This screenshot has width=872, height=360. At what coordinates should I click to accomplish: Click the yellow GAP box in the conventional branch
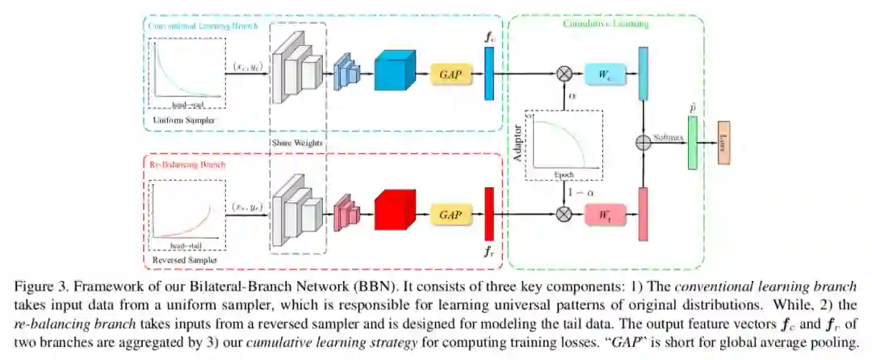pyautogui.click(x=450, y=74)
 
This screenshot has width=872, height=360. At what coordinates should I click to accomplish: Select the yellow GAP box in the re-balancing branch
pyautogui.click(x=450, y=215)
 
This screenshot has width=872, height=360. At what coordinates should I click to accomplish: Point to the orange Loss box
pyautogui.click(x=723, y=144)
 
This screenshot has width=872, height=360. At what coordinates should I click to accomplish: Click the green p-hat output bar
pyautogui.click(x=692, y=144)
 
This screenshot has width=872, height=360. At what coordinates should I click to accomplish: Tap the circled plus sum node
pyautogui.click(x=644, y=144)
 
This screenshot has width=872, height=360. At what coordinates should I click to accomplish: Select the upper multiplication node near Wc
pyautogui.click(x=564, y=74)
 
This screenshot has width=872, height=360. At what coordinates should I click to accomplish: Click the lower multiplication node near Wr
pyautogui.click(x=564, y=215)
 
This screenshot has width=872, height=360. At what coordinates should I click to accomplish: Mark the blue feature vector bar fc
pyautogui.click(x=488, y=73)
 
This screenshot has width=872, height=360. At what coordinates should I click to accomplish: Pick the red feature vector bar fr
pyautogui.click(x=488, y=214)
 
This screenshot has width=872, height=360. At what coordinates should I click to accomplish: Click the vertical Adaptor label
pyautogui.click(x=518, y=144)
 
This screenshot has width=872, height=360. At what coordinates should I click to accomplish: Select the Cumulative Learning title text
pyautogui.click(x=606, y=23)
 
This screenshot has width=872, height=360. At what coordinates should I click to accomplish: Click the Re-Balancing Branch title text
pyautogui.click(x=187, y=164)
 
